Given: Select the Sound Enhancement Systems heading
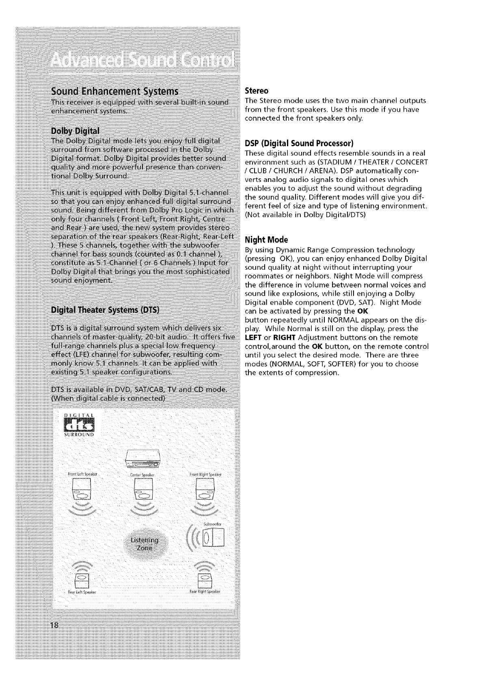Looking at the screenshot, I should click(x=114, y=90).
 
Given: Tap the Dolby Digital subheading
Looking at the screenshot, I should click(x=75, y=131).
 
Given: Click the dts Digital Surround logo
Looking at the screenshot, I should click(x=79, y=425).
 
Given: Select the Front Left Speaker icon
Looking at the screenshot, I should click(x=82, y=490).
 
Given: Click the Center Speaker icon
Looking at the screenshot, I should click(x=143, y=490).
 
